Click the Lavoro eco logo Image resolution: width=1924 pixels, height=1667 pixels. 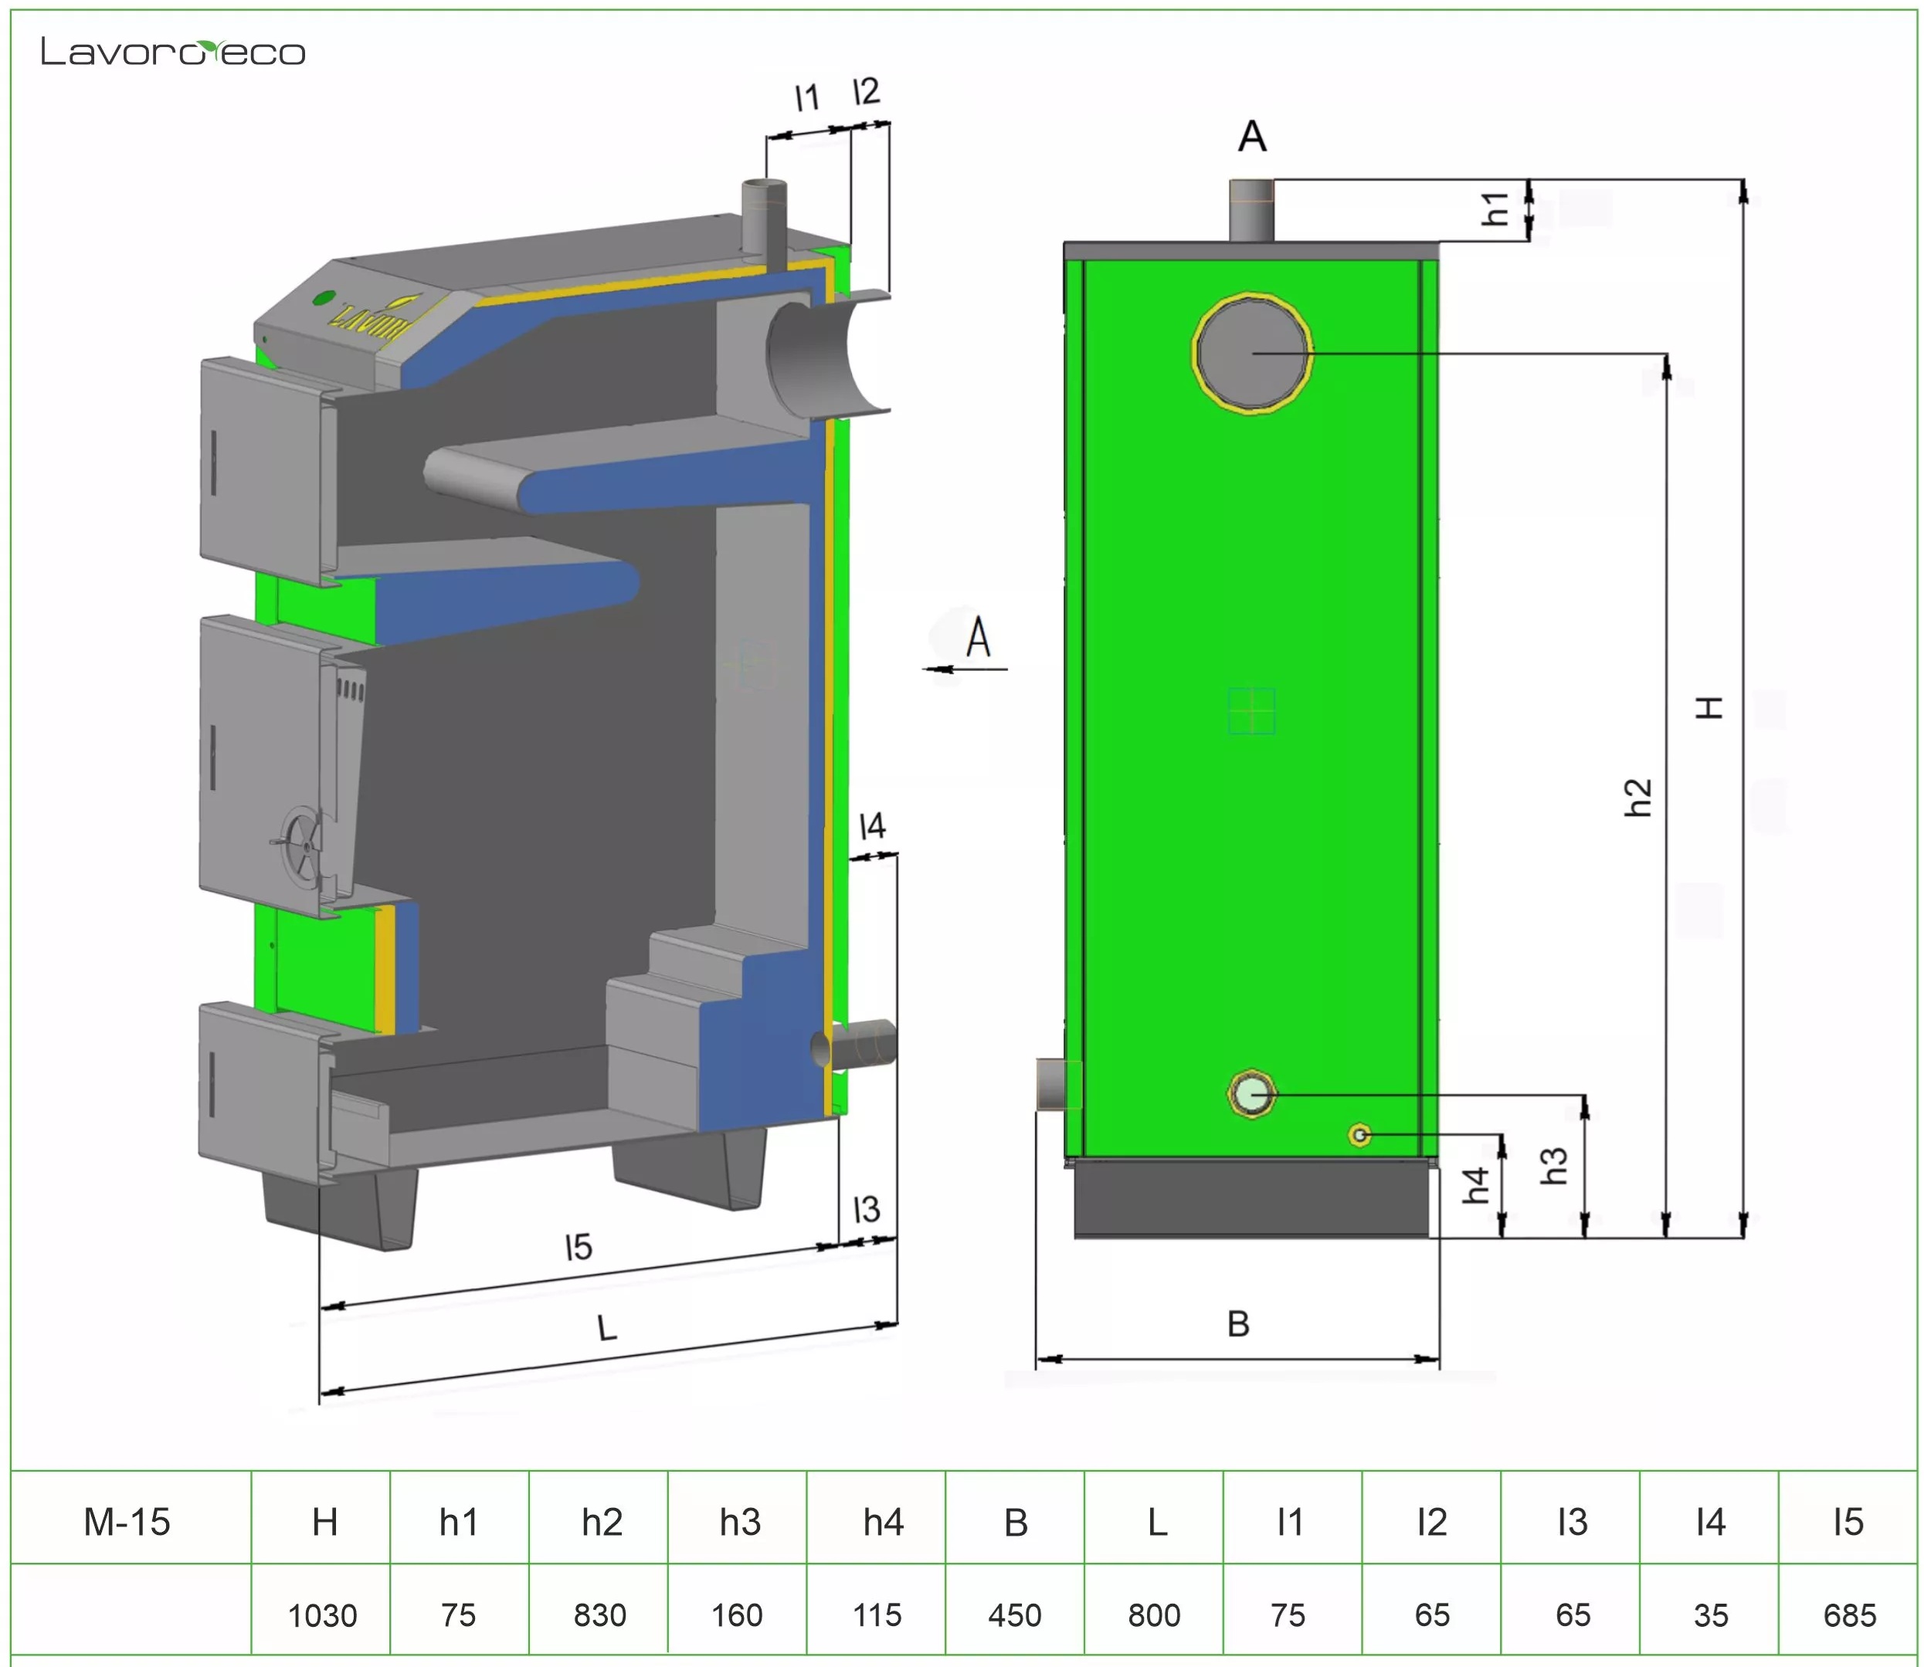[173, 52]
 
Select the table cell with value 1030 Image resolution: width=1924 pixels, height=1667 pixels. [322, 1615]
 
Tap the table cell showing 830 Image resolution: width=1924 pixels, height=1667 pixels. [599, 1615]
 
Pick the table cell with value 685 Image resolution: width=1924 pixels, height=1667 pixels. [1848, 1615]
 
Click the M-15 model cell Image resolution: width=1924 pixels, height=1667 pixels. [127, 1522]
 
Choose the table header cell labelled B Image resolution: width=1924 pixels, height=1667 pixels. [1015, 1522]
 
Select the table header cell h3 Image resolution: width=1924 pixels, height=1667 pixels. [740, 1522]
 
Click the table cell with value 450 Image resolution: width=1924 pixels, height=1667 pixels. [1014, 1615]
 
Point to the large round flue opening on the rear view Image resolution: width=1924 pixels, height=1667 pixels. [1252, 351]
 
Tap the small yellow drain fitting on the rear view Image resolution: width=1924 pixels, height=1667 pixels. [1359, 1135]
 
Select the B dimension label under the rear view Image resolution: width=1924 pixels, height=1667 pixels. [1238, 1323]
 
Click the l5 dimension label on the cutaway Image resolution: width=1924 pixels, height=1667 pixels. [579, 1246]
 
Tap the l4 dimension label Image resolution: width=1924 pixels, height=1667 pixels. [872, 826]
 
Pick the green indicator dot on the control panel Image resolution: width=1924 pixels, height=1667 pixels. [323, 299]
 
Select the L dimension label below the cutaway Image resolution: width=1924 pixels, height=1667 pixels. [606, 1327]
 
